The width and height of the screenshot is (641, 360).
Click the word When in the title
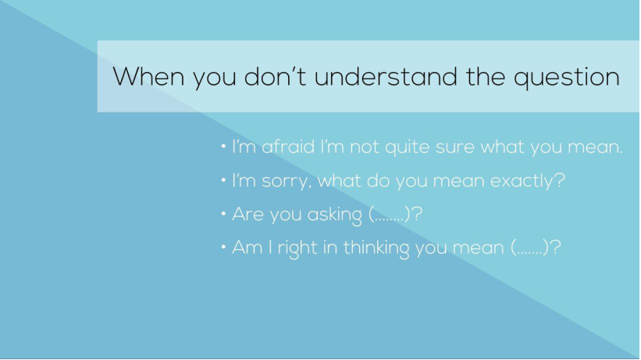click(148, 76)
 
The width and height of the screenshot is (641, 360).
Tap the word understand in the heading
click(386, 76)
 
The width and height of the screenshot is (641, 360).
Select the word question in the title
click(567, 78)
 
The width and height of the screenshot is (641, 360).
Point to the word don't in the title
click(275, 76)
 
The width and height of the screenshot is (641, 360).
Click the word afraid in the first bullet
click(288, 147)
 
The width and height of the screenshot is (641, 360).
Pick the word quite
click(408, 148)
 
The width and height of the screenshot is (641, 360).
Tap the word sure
click(455, 148)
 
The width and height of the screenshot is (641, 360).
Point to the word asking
click(334, 216)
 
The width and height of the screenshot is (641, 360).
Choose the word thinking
click(376, 248)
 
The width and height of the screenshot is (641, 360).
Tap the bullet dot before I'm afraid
click(223, 146)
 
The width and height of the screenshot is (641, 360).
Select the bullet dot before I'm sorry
click(223, 180)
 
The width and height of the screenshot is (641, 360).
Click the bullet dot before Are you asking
click(223, 213)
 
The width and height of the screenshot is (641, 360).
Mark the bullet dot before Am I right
click(223, 247)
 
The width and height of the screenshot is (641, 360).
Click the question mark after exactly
click(561, 180)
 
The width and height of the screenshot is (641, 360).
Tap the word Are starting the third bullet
click(247, 214)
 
